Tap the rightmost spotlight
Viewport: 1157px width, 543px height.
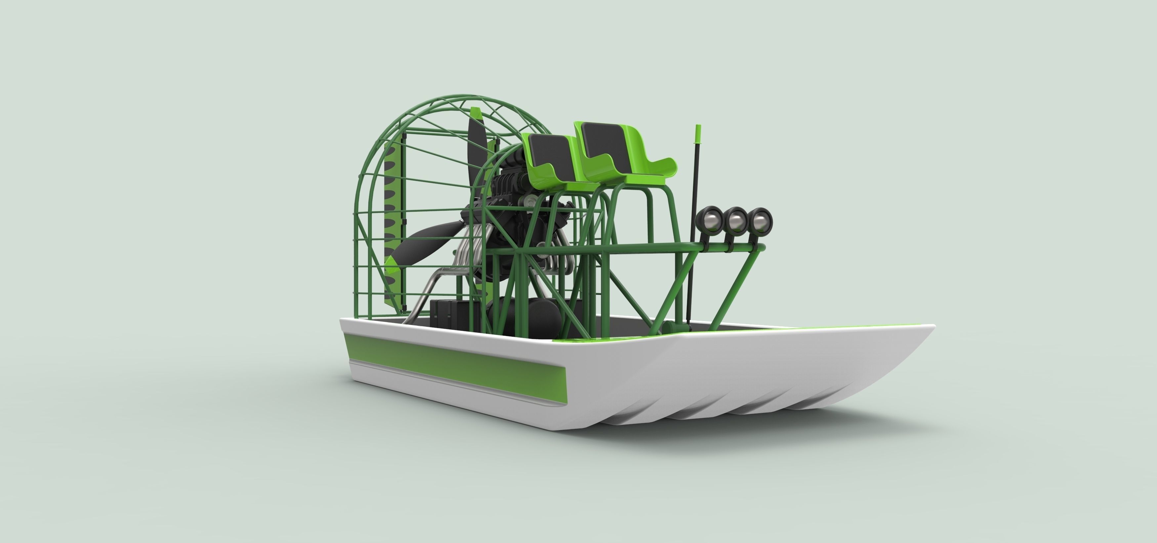pyautogui.click(x=760, y=220)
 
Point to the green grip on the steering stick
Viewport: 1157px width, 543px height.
pyautogui.click(x=698, y=135)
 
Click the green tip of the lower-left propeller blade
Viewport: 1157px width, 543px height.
pyautogui.click(x=393, y=267)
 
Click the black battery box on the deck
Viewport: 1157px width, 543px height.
pyautogui.click(x=449, y=319)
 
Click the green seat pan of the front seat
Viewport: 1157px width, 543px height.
pyautogui.click(x=647, y=173)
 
